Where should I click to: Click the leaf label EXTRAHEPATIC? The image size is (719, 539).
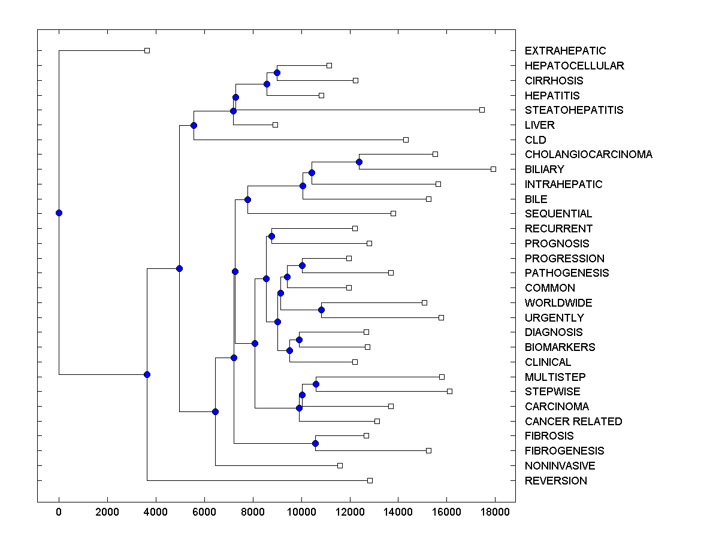[x=565, y=51]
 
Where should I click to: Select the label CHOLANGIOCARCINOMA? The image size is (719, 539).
[x=588, y=155]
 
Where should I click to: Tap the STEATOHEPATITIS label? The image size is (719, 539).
[x=573, y=110]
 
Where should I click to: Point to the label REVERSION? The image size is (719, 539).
[x=555, y=481]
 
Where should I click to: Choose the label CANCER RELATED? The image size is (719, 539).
[x=573, y=422]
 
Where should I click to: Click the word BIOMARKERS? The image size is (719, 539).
[x=560, y=347]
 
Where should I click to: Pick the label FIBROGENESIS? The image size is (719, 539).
[x=564, y=451]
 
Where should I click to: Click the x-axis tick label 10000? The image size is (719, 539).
[x=301, y=512]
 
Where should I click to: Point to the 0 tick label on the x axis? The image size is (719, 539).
[x=59, y=512]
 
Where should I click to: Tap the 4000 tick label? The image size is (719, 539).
[x=156, y=512]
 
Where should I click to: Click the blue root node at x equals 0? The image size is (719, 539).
[x=59, y=213]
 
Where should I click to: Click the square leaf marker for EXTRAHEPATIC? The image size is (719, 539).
[x=147, y=50]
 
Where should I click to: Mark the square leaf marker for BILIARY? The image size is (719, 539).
[x=493, y=169]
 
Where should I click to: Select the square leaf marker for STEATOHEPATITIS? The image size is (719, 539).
[x=482, y=110]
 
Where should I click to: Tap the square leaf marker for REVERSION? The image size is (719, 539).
[x=370, y=480]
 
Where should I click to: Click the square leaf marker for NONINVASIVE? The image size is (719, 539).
[x=340, y=465]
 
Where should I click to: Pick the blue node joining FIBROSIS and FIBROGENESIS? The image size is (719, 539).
[x=315, y=443]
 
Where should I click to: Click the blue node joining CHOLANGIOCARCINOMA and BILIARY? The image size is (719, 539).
[x=359, y=162]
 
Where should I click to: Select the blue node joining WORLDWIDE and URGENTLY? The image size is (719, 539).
[x=321, y=310]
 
